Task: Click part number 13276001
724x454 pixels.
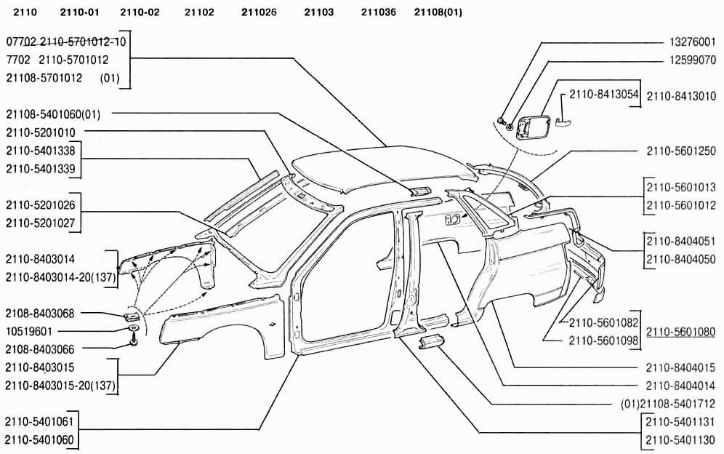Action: click(691, 42)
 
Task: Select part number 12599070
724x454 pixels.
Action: click(691, 59)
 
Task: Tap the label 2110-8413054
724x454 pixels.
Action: click(603, 95)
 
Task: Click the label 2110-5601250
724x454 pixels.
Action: click(681, 151)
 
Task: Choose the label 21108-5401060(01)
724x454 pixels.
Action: click(53, 113)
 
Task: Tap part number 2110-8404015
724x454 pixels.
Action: click(681, 367)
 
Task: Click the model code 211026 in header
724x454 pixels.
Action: click(259, 12)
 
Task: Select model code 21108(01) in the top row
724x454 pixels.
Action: click(438, 12)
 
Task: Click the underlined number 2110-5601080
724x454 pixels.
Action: click(681, 332)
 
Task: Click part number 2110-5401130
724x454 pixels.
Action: click(681, 439)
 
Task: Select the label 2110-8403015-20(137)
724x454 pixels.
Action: click(61, 384)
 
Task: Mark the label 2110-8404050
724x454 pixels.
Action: click(681, 259)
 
